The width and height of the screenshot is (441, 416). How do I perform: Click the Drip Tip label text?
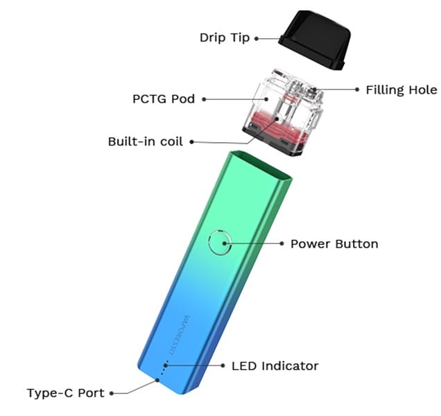pos(225,37)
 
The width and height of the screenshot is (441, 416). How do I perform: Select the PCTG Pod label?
pos(164,98)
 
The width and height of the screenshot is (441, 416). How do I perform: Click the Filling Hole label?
pos(401,89)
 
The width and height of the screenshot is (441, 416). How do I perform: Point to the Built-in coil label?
pos(146,141)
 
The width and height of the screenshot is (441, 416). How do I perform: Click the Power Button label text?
pos(334,243)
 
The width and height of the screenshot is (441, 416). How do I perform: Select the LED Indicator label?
pos(275,365)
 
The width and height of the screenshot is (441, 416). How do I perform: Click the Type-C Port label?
pos(66,393)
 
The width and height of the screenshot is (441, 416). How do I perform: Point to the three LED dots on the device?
pos(164,369)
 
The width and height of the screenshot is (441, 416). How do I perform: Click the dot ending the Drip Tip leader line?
pos(257,38)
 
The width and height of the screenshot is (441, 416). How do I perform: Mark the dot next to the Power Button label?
pos(282,243)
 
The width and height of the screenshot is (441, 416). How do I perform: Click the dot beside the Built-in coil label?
pos(191,142)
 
